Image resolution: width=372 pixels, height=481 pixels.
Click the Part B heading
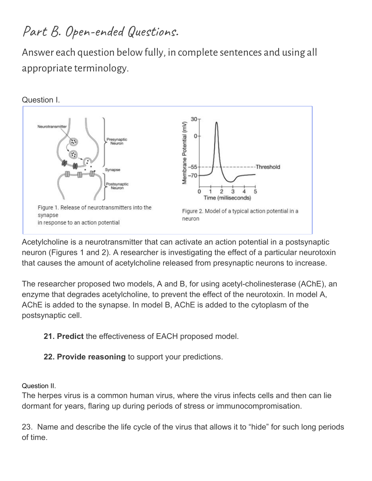pos(100,32)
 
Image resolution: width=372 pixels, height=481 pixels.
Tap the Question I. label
pos(41,100)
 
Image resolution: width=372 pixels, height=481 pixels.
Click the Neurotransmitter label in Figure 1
pos(52,127)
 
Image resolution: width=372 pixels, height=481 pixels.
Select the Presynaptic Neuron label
pos(117,141)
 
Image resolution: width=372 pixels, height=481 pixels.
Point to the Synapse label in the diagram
pos(112,170)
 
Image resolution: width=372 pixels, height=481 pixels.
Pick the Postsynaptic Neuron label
pos(117,186)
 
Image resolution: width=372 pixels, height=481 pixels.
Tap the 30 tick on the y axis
pos(194,119)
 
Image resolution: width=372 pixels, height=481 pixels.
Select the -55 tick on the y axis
pos(193,167)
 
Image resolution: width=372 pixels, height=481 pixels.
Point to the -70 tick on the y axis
pos(193,176)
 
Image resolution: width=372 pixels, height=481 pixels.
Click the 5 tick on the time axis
pos(255,191)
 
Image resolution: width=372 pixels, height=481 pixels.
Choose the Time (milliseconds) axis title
pos(227,198)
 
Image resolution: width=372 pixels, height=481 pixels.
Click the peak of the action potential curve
pos(217,122)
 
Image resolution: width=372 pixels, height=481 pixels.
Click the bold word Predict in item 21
pos(70,336)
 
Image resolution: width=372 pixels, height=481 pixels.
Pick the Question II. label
pos(39,386)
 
